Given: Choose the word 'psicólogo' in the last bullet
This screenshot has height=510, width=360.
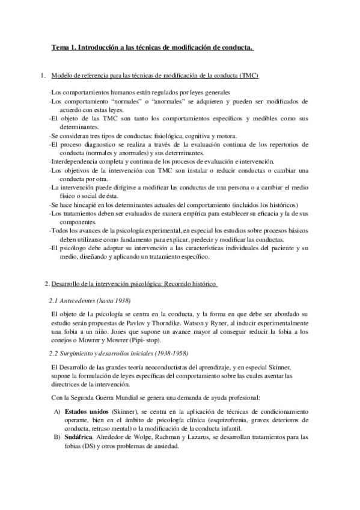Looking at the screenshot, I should pos(73,248).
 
